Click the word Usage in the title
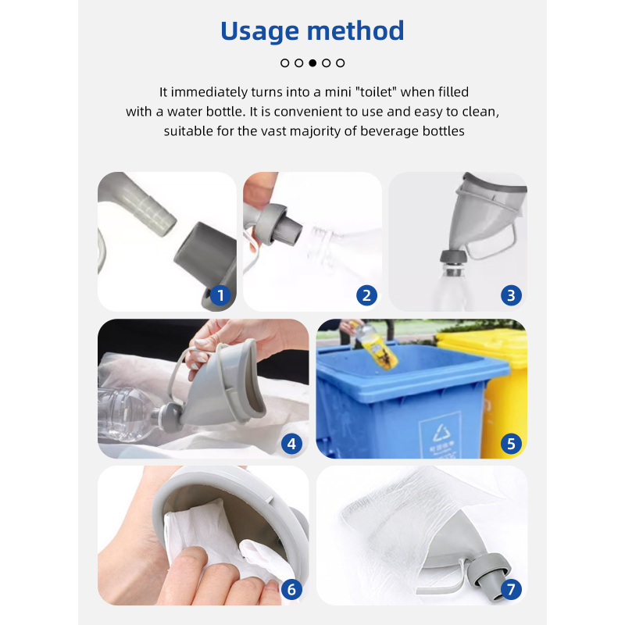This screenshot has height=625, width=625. pyautogui.click(x=259, y=31)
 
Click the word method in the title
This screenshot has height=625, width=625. pyautogui.click(x=355, y=31)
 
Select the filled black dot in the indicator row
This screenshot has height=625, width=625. pyautogui.click(x=312, y=62)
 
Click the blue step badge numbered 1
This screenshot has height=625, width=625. pyautogui.click(x=220, y=295)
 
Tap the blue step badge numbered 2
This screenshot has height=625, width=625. pyautogui.click(x=366, y=295)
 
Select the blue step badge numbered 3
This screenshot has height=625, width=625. pyautogui.click(x=511, y=295)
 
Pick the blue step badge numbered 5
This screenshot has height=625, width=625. pyautogui.click(x=511, y=444)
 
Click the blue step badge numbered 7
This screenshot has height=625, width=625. pyautogui.click(x=511, y=589)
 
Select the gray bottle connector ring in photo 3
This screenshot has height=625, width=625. pyautogui.click(x=450, y=256)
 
